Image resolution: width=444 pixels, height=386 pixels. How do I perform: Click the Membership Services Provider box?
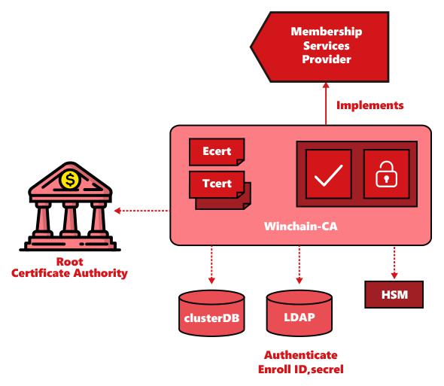(x=320, y=47)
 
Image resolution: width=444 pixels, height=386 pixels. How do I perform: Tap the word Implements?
(x=369, y=105)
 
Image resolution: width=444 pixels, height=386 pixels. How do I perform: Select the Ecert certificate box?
(x=217, y=151)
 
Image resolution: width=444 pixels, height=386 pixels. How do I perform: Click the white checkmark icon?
(x=328, y=175)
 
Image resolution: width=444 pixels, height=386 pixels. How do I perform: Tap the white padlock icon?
(x=386, y=174)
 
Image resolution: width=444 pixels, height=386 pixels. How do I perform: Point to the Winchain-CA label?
(x=301, y=226)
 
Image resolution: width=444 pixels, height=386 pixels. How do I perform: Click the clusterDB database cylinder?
(x=211, y=313)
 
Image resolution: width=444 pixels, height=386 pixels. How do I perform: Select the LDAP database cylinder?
(x=300, y=313)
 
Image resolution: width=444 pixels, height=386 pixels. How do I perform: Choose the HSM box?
(x=394, y=294)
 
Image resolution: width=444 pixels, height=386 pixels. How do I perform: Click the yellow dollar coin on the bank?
(x=70, y=180)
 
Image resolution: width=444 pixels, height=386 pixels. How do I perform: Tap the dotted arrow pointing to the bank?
(x=142, y=211)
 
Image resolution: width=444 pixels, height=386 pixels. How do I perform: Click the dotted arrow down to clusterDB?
(x=211, y=265)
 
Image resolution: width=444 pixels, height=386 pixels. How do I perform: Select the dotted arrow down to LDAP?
(x=300, y=265)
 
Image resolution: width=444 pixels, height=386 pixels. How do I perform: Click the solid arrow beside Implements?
(x=326, y=104)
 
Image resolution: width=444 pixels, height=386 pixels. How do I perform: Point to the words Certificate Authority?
(x=69, y=273)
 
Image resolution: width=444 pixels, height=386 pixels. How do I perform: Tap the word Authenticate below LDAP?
(x=301, y=355)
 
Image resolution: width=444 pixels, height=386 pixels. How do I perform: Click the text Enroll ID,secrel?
(x=301, y=369)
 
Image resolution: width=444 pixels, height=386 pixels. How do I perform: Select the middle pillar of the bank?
(x=70, y=219)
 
